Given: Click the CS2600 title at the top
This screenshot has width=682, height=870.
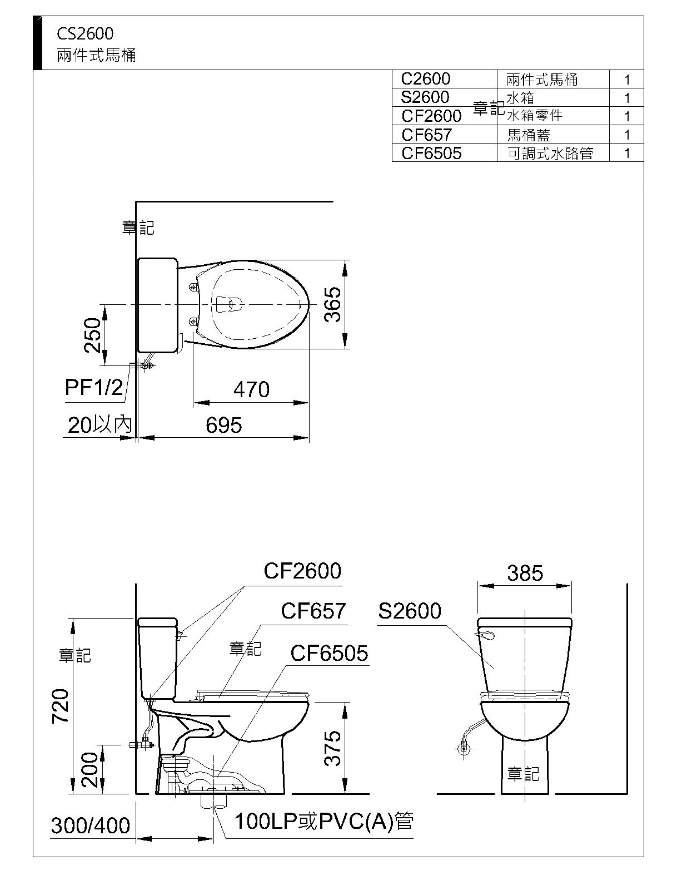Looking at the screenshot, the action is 85,34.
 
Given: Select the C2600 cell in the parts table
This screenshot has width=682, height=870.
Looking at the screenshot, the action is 425,79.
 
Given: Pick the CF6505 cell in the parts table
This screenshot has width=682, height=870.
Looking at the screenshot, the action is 431,153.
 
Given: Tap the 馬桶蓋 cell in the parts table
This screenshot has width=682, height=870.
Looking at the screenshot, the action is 529,135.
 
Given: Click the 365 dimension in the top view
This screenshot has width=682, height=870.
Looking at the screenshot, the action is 332,304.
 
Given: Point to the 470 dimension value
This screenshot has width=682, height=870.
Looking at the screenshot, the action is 252,389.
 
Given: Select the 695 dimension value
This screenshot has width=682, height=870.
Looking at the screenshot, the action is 223,425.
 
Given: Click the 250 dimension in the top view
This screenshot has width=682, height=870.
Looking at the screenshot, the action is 92,335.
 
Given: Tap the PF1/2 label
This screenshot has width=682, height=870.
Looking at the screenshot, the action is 93,387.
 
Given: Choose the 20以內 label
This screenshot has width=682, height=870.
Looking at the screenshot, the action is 99,424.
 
